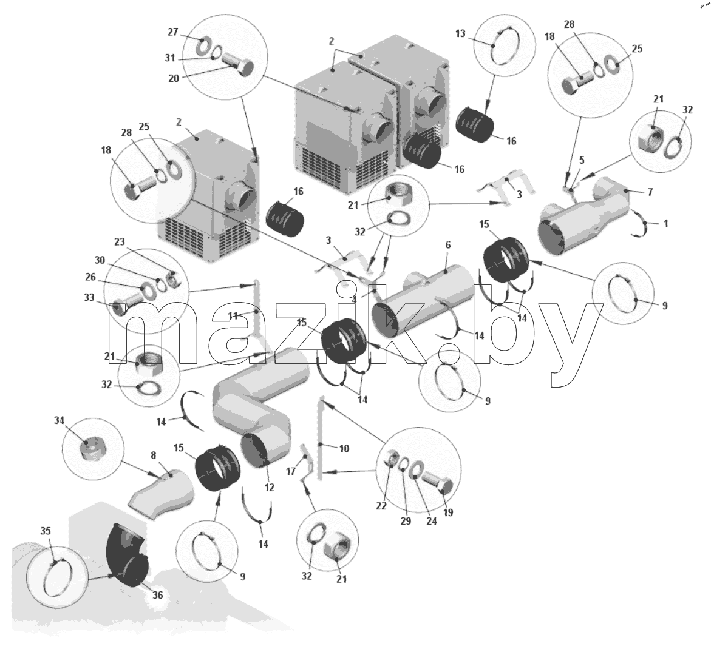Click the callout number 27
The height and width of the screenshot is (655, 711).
click(173, 32)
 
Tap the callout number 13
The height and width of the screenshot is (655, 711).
click(460, 33)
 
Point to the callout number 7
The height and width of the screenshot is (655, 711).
click(650, 192)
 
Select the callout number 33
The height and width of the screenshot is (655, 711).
click(89, 298)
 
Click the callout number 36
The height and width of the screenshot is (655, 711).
click(157, 595)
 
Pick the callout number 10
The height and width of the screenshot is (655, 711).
click(344, 448)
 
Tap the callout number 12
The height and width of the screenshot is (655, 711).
click(270, 488)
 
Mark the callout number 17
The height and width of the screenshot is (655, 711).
click(291, 472)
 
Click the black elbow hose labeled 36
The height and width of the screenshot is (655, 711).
click(128, 556)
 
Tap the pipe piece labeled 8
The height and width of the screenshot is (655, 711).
click(161, 495)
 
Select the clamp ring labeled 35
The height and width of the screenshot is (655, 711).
click(58, 579)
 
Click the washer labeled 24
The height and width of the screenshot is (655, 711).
click(417, 470)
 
